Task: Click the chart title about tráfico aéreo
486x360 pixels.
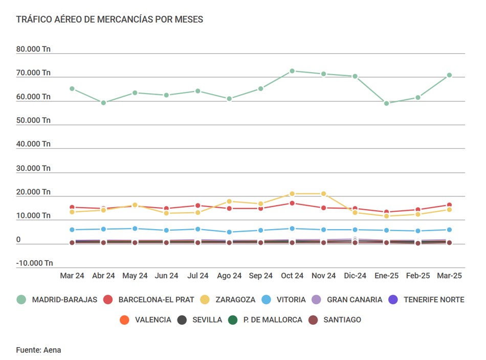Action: coord(109,20)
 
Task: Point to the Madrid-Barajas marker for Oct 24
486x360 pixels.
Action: coord(292,71)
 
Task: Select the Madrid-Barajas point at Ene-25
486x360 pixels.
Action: coord(387,103)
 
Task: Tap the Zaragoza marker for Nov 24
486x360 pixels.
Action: coord(323,194)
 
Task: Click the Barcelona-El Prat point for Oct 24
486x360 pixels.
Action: coord(292,203)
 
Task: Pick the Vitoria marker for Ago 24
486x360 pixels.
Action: coord(229,232)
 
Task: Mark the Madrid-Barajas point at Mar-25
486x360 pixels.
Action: coord(450,75)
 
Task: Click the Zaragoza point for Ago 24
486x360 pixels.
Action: coord(229,201)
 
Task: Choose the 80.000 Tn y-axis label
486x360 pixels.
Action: coord(33,50)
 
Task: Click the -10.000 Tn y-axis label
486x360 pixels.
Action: coord(34,263)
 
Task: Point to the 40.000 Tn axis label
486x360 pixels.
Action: coord(33,144)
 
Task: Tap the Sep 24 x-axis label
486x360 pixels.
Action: coord(260,276)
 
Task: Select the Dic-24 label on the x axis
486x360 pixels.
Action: coord(355,276)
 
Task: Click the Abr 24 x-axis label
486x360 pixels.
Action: coord(103,276)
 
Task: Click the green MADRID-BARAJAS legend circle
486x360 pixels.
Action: coord(21,300)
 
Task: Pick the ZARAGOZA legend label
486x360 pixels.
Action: coord(235,300)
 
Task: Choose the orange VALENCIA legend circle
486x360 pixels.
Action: coord(124,320)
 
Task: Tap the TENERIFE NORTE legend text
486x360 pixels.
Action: coord(434,300)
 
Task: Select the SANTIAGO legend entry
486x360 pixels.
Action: coord(342,320)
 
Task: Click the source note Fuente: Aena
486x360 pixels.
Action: coord(38,350)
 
